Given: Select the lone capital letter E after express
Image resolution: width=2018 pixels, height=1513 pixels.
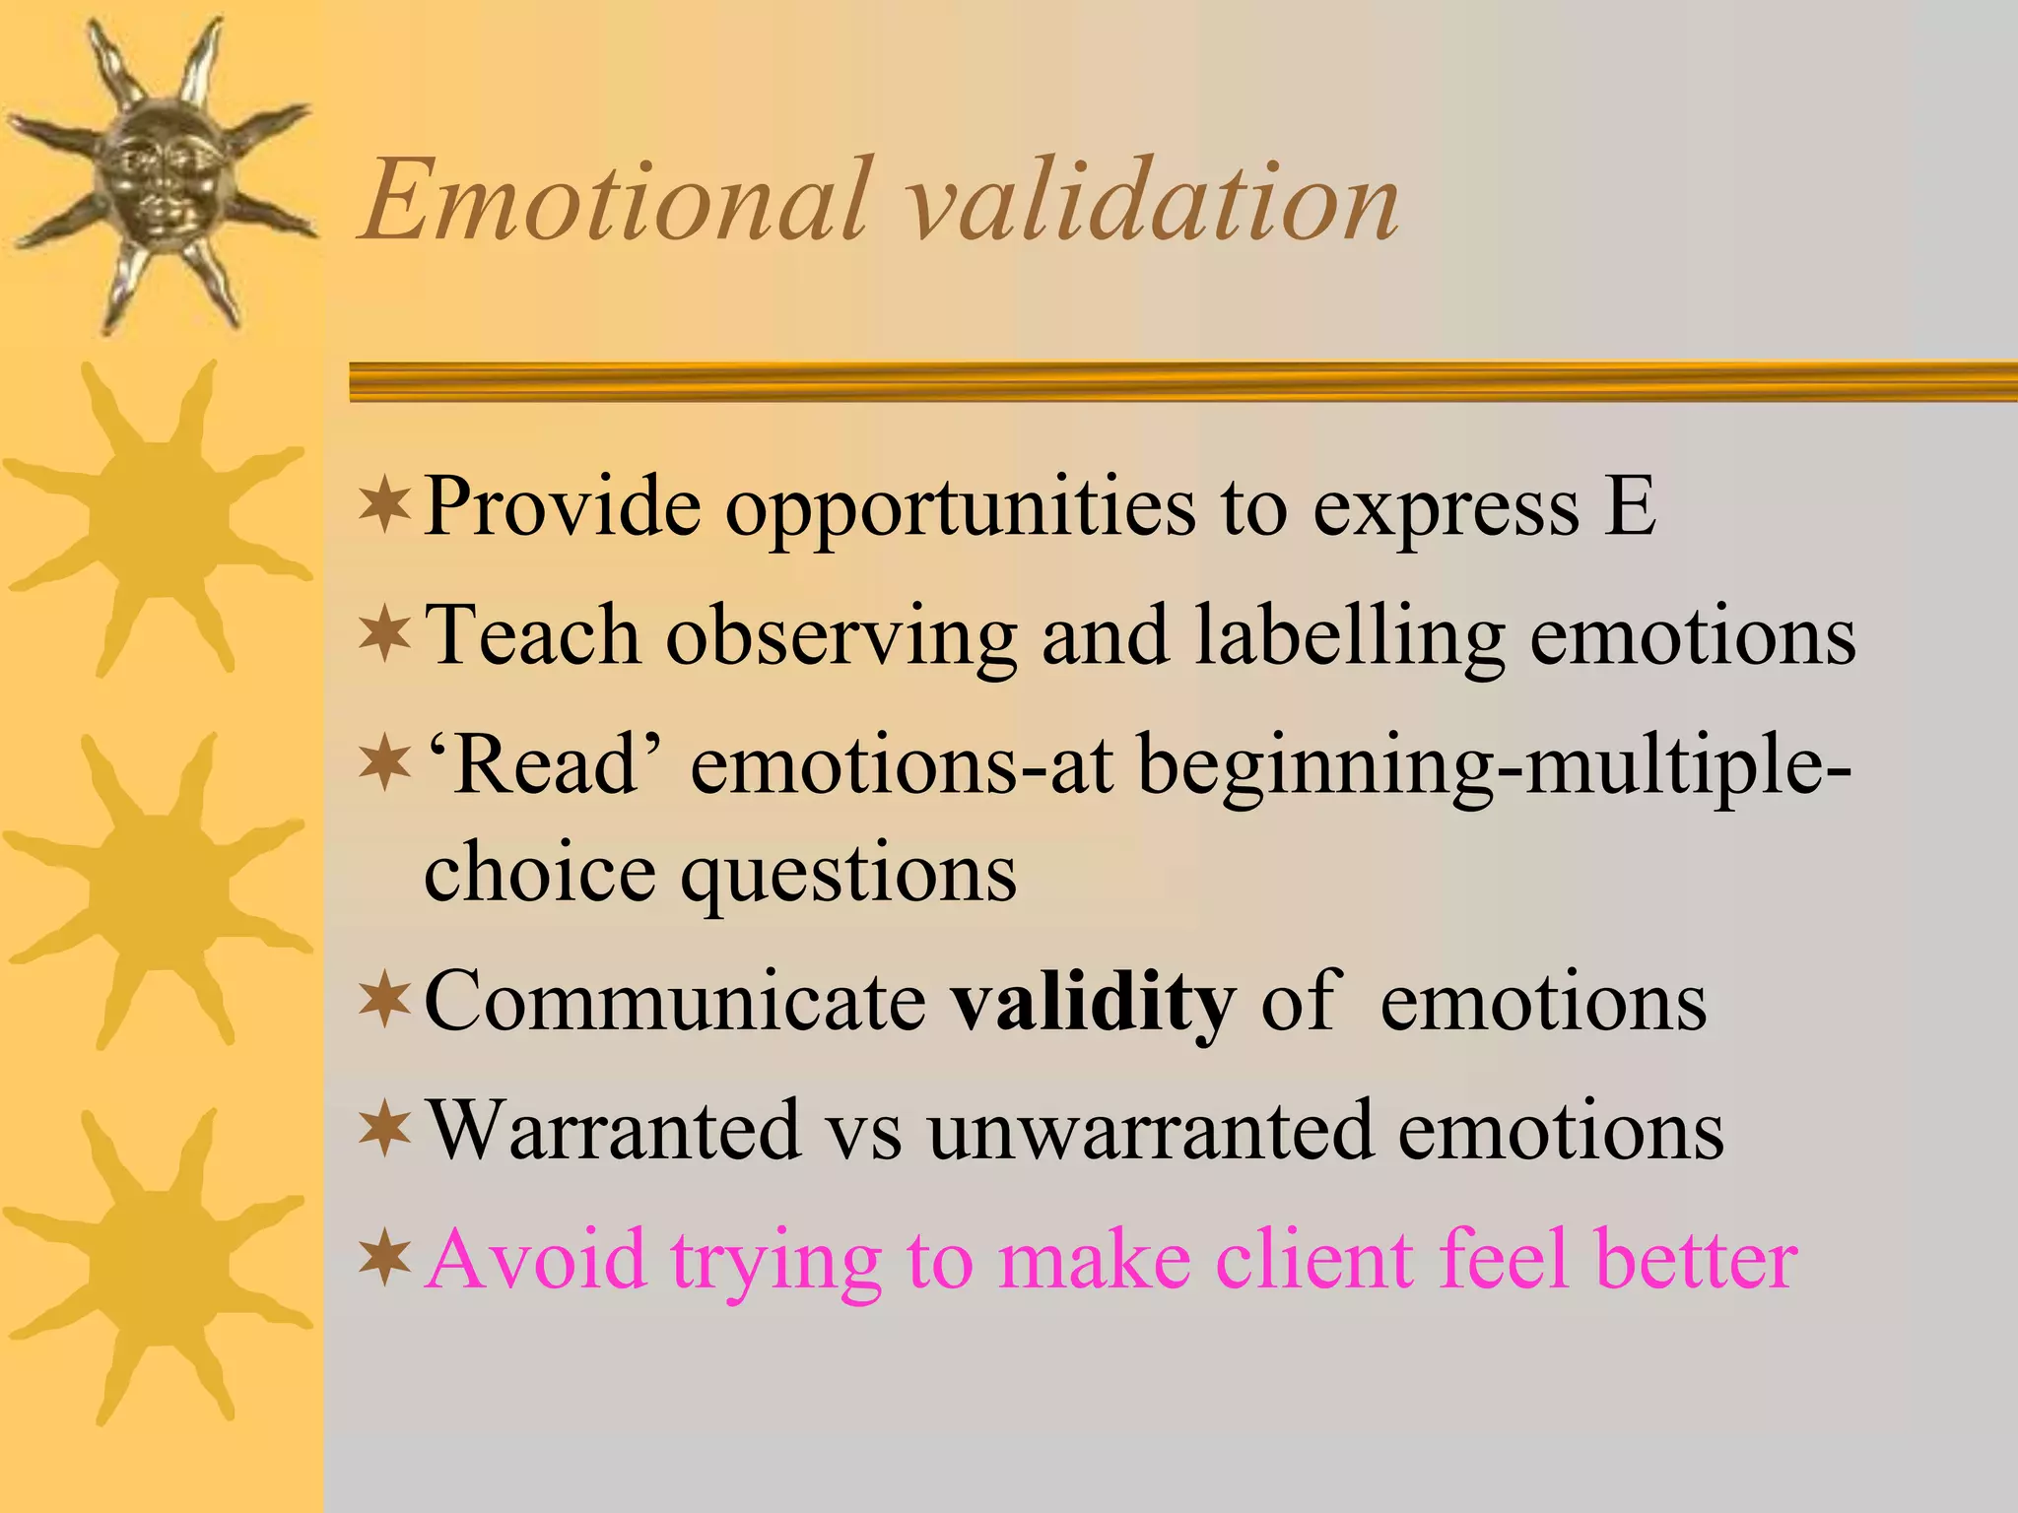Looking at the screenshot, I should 1629,505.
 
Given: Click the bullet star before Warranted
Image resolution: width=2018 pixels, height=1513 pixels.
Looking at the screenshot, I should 384,1131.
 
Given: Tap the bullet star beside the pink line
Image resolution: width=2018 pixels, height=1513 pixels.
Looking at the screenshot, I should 384,1259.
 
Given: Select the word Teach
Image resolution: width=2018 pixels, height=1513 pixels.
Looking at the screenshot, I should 531,636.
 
